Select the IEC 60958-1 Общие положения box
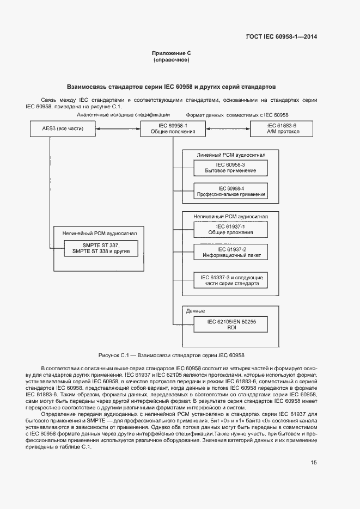[x=172, y=128]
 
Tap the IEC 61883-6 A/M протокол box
[x=282, y=128]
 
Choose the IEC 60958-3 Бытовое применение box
[x=231, y=168]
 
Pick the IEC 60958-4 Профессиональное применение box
[x=231, y=191]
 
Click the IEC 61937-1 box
[x=231, y=229]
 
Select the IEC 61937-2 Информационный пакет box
[x=231, y=252]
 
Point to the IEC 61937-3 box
[x=231, y=280]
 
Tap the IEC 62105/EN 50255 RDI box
[x=231, y=324]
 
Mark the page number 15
[x=314, y=463]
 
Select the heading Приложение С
[x=171, y=53]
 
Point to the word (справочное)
[x=171, y=60]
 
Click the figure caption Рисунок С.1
[x=171, y=354]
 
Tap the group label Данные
[x=196, y=311]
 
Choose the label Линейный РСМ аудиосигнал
[x=231, y=155]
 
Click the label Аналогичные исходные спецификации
[x=123, y=115]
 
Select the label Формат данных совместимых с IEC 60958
[x=237, y=115]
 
